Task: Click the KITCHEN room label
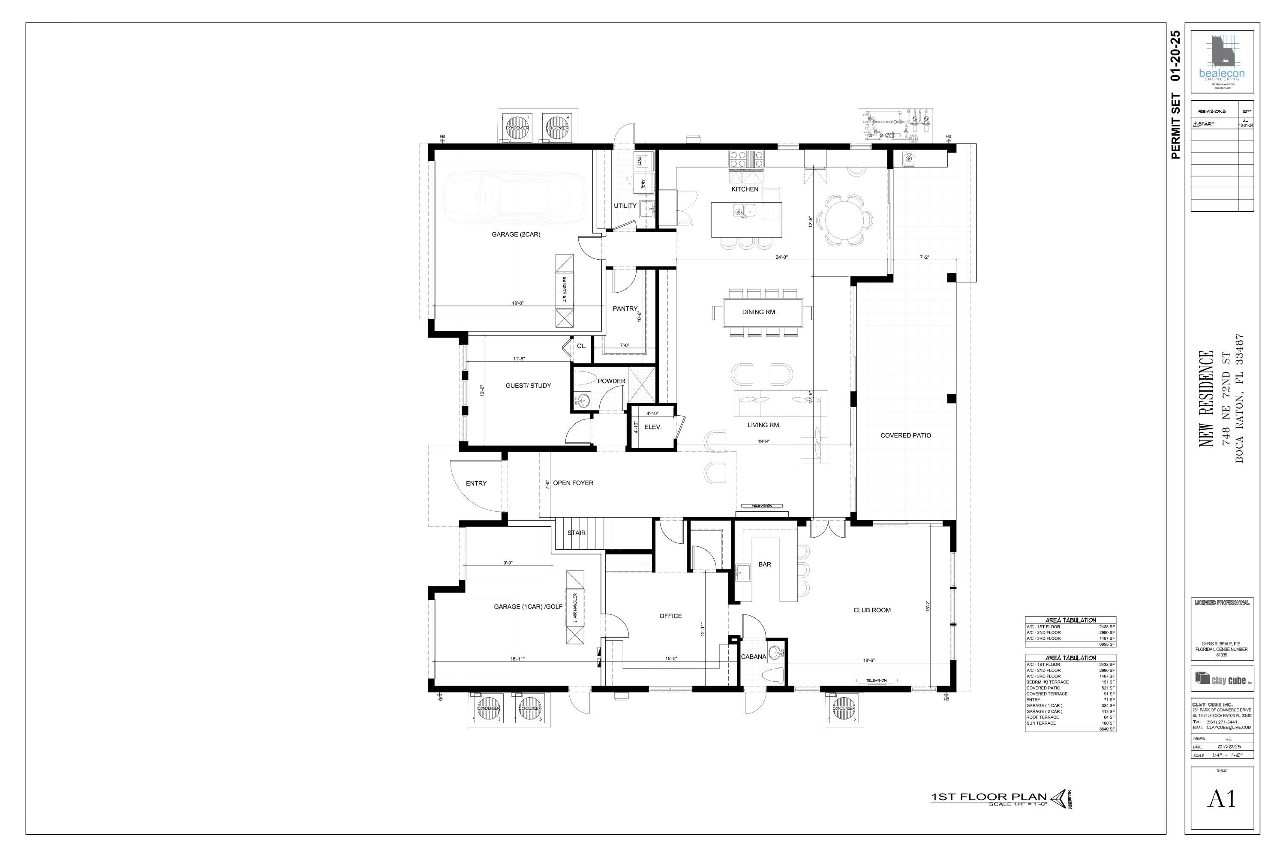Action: [745, 189]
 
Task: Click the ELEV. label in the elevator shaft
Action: [653, 427]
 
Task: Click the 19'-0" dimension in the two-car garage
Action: [518, 303]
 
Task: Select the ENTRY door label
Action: [476, 483]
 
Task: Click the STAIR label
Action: [576, 533]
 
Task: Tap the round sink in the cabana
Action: [774, 653]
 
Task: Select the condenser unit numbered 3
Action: [844, 708]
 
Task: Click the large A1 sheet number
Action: [1221, 799]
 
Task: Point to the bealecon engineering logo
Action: [1221, 60]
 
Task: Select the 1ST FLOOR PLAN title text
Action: [989, 797]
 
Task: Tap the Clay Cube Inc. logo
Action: [1221, 679]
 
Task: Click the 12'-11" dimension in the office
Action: [703, 629]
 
